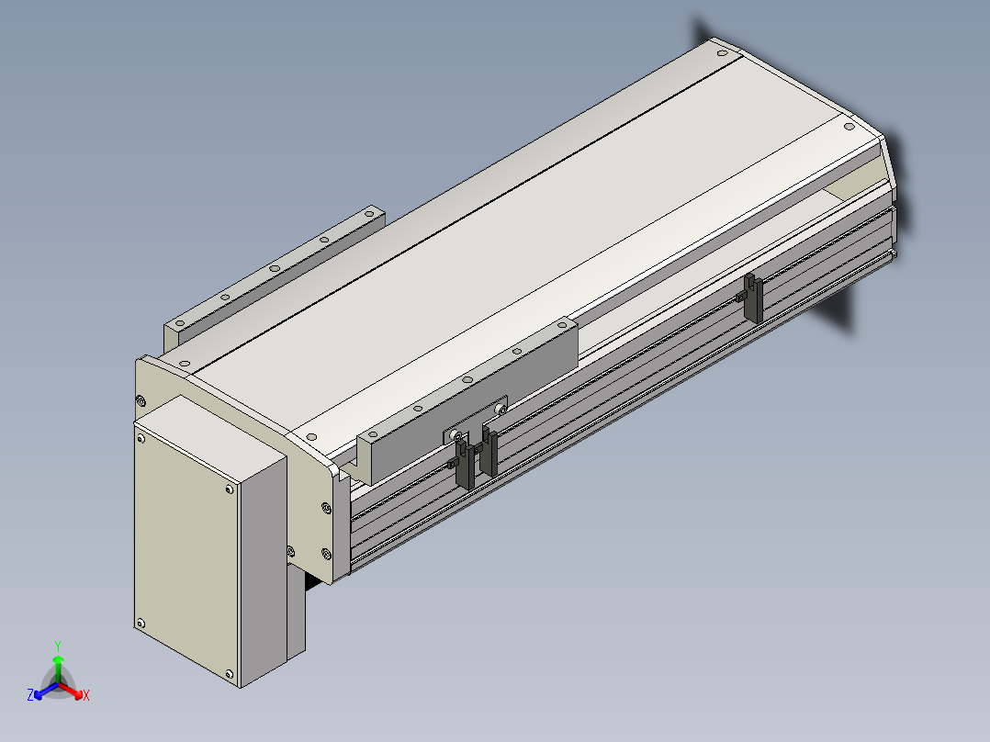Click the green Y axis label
(x=58, y=646)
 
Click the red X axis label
(x=86, y=695)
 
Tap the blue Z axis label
(x=30, y=694)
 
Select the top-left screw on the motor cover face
(x=141, y=439)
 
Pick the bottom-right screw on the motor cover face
(x=230, y=674)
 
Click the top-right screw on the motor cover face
(x=230, y=489)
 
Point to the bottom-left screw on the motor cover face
(x=141, y=624)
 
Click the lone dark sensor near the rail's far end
(x=751, y=298)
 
